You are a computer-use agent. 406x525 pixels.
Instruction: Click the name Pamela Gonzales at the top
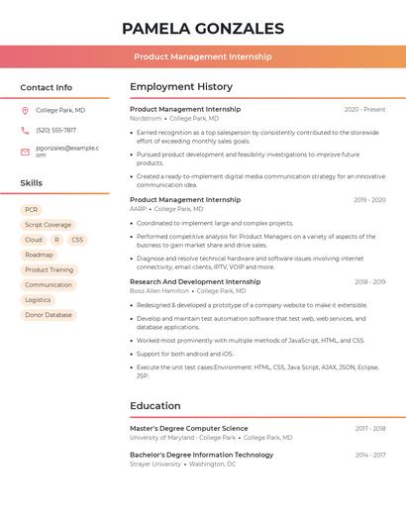[203, 29]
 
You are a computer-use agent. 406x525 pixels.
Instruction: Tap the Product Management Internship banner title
[203, 56]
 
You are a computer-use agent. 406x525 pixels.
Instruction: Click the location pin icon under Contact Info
[25, 110]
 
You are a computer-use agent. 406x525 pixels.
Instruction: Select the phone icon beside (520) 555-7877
[25, 130]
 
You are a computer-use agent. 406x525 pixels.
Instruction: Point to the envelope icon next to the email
[25, 152]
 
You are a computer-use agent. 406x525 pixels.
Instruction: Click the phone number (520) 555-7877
[55, 130]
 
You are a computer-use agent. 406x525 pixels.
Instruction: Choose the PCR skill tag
[32, 210]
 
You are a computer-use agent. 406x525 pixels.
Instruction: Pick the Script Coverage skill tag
[48, 225]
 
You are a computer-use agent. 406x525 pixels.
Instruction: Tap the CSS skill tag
[77, 240]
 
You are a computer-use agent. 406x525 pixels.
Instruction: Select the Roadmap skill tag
[39, 255]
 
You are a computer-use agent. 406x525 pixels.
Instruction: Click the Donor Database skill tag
[49, 315]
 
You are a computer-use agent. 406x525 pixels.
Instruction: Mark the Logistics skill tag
[38, 299]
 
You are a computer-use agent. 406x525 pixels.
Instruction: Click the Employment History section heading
[181, 87]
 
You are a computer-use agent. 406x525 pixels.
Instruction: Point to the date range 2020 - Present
[364, 110]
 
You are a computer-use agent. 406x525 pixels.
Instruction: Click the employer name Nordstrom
[146, 118]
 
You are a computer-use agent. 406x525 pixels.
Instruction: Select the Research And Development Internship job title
[195, 281]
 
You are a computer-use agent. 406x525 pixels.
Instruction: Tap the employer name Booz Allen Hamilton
[159, 290]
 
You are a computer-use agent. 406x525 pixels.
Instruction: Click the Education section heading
[155, 405]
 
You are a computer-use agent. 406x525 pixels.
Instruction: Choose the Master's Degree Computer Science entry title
[189, 428]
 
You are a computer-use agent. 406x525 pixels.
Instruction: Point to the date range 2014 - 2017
[370, 455]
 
